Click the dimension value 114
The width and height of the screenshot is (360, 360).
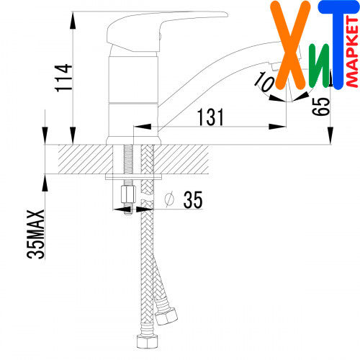pos(63,78)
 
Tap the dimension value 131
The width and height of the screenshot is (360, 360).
pos(210,117)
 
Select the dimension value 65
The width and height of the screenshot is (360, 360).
pos(321,107)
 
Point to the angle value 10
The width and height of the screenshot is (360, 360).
pos(264,81)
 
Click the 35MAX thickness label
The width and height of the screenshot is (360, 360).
pos(35,235)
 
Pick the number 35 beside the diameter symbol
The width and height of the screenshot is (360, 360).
pos(193,199)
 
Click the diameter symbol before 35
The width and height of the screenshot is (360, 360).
pos(169,199)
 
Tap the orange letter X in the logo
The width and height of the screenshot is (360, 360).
pos(290,45)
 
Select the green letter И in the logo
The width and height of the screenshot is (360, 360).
pos(319,66)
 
